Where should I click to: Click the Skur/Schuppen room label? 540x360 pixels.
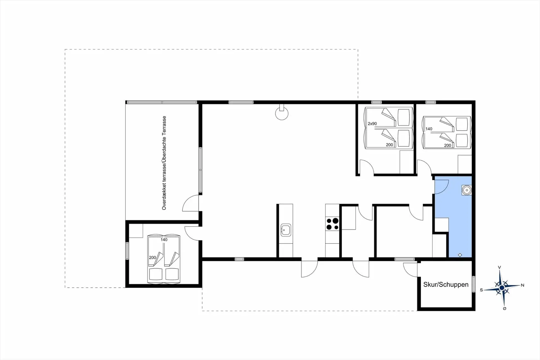point(446,285)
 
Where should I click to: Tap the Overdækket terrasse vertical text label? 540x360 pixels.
point(164,163)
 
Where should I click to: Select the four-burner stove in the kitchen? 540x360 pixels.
point(332,224)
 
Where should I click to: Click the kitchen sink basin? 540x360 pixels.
point(285,230)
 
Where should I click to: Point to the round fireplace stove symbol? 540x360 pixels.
point(282,113)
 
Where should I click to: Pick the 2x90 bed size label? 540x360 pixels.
point(372,124)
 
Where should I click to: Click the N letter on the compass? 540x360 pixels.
point(523,285)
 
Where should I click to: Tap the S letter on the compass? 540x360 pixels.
point(481,290)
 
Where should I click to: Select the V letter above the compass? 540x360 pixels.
point(499,267)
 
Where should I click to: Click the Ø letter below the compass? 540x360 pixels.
point(505,308)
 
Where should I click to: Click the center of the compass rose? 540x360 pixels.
point(502,288)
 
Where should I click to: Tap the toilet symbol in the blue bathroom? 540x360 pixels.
point(467,190)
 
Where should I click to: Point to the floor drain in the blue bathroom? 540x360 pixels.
point(460,255)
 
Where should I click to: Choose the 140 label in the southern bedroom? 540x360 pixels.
point(164,240)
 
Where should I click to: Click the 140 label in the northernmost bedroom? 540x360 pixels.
point(429,129)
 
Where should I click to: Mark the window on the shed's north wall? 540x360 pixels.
point(474,284)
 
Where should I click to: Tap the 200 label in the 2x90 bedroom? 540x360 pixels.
point(389,145)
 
